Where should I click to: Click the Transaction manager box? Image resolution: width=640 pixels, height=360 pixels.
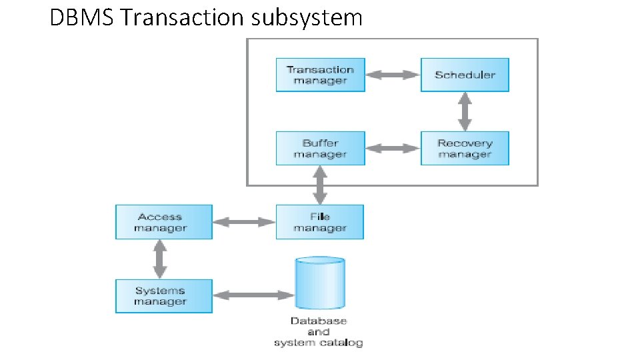tap(320, 75)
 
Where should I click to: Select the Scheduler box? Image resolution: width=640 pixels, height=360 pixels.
tap(465, 75)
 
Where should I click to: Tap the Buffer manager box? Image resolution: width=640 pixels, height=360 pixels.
tap(320, 148)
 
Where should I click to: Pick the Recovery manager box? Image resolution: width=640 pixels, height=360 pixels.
tap(465, 148)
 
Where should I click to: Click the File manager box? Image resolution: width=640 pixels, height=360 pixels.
tap(320, 222)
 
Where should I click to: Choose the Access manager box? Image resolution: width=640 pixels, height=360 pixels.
tap(163, 222)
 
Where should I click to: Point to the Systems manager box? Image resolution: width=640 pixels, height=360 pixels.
tap(163, 296)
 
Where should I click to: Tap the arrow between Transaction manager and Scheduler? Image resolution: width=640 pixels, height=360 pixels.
tap(393, 75)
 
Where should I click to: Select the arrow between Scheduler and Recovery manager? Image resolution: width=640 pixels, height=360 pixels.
tap(465, 111)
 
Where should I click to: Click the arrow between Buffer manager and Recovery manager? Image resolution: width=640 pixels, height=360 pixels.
tap(393, 148)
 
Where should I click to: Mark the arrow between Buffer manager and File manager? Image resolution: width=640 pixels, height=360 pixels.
tap(320, 185)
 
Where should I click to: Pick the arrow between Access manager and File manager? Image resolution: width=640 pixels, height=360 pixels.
tap(244, 222)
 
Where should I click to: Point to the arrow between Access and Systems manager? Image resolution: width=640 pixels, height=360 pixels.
tap(159, 259)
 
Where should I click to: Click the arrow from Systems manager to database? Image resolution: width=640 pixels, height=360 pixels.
tap(253, 295)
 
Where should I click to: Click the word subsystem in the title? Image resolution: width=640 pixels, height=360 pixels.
tap(307, 17)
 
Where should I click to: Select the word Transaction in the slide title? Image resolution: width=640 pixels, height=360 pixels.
tap(183, 17)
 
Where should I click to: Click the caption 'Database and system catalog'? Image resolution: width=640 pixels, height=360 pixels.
tap(318, 331)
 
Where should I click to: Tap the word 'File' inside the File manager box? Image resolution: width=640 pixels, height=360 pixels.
tap(320, 216)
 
